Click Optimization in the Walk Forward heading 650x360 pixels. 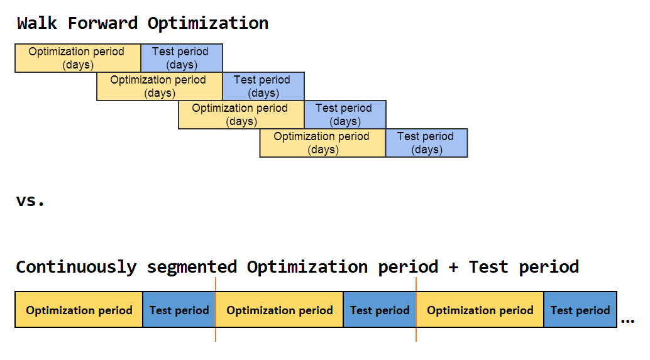[207, 23]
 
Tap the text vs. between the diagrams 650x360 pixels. [31, 201]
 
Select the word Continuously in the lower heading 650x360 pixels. [75, 267]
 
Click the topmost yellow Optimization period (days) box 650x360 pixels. [78, 58]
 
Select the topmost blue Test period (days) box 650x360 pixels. [182, 58]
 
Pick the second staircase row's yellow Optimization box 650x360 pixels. [160, 86]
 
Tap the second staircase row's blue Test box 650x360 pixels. [263, 86]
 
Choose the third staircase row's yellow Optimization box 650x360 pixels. [241, 114]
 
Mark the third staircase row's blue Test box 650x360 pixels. [345, 114]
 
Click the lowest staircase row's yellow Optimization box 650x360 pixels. [323, 143]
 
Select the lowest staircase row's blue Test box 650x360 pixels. [427, 143]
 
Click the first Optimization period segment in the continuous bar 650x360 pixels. [79, 310]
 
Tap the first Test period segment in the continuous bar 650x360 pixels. [179, 310]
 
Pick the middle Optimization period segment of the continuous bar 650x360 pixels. [280, 310]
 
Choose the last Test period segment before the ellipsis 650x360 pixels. [580, 310]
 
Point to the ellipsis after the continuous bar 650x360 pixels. [627, 321]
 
